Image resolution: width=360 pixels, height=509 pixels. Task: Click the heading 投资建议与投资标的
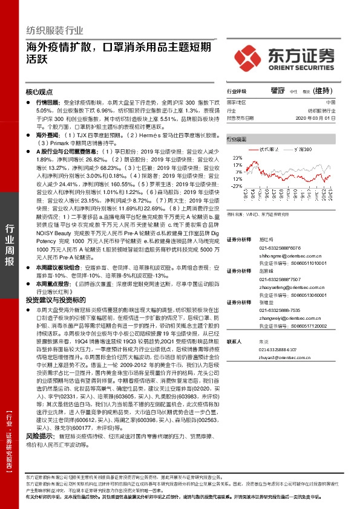(53, 299)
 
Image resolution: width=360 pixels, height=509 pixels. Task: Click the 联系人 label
(234, 342)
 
